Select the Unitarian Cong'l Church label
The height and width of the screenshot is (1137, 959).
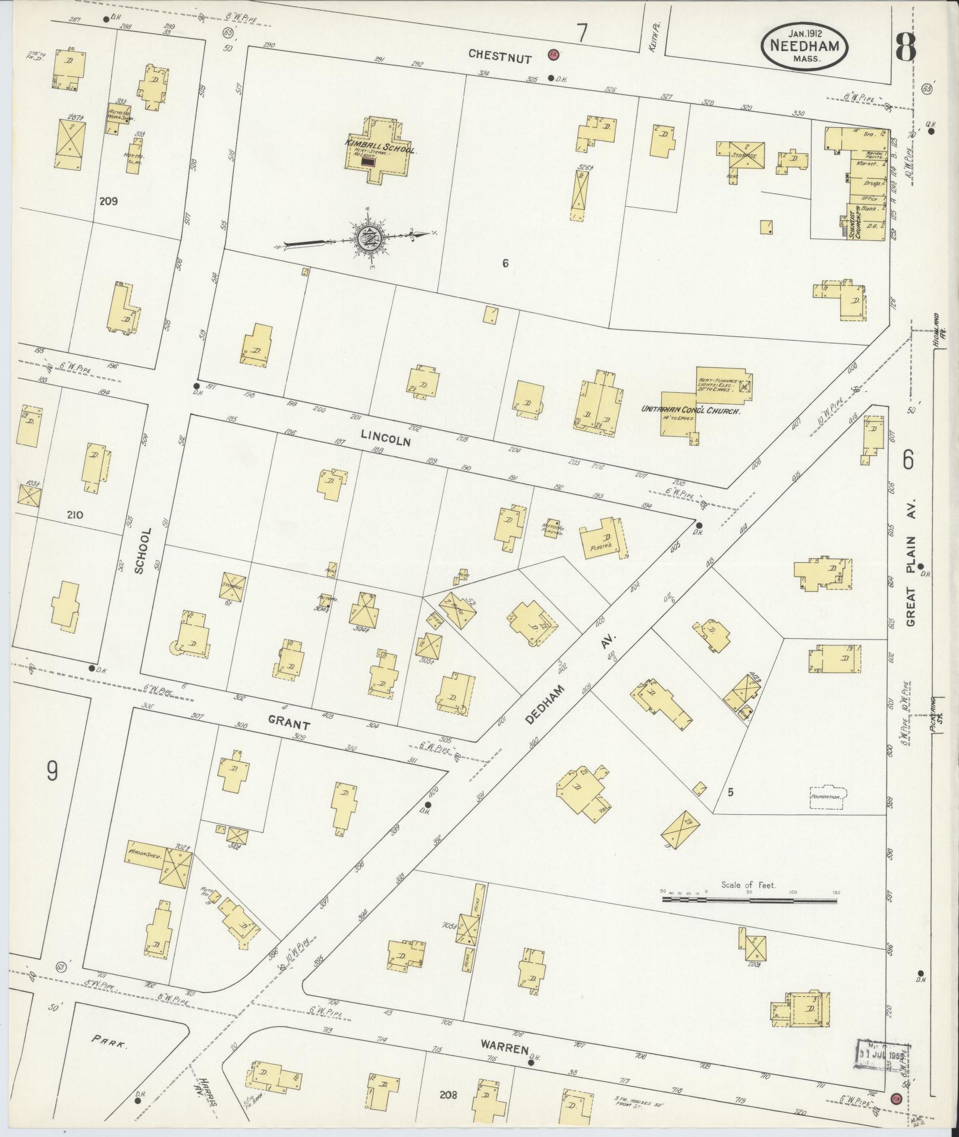[690, 410]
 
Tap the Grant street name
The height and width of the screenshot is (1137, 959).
[288, 725]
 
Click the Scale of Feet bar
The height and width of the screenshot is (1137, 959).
[749, 900]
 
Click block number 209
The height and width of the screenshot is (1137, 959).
[108, 201]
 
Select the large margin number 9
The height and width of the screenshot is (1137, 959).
[52, 771]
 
